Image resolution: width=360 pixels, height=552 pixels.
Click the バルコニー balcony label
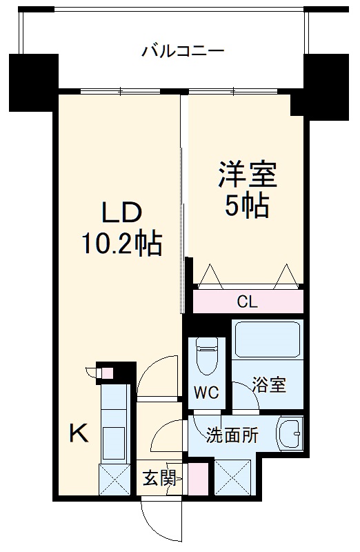pyautogui.click(x=183, y=50)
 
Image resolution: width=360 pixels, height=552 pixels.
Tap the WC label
pyautogui.click(x=206, y=393)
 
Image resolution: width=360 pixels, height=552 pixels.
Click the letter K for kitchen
pyautogui.click(x=79, y=433)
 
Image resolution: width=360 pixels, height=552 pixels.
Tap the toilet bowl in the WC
pyautogui.click(x=206, y=356)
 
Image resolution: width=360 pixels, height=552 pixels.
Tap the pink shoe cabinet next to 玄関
pyautogui.click(x=197, y=478)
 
